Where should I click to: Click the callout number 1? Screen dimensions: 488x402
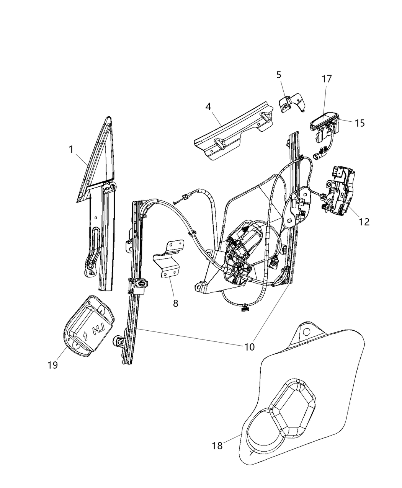click(70, 149)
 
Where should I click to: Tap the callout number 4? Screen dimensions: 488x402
click(208, 106)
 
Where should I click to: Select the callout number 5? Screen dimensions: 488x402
click(279, 75)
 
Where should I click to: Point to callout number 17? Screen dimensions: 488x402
click(327, 79)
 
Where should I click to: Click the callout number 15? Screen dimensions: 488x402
click(359, 123)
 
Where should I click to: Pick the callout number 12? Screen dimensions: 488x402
click(364, 222)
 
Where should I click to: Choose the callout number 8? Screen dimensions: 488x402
click(175, 304)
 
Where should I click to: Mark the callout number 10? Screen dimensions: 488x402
click(249, 347)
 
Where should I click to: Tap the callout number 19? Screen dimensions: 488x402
click(53, 365)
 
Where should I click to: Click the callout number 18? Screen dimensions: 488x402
click(217, 446)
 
